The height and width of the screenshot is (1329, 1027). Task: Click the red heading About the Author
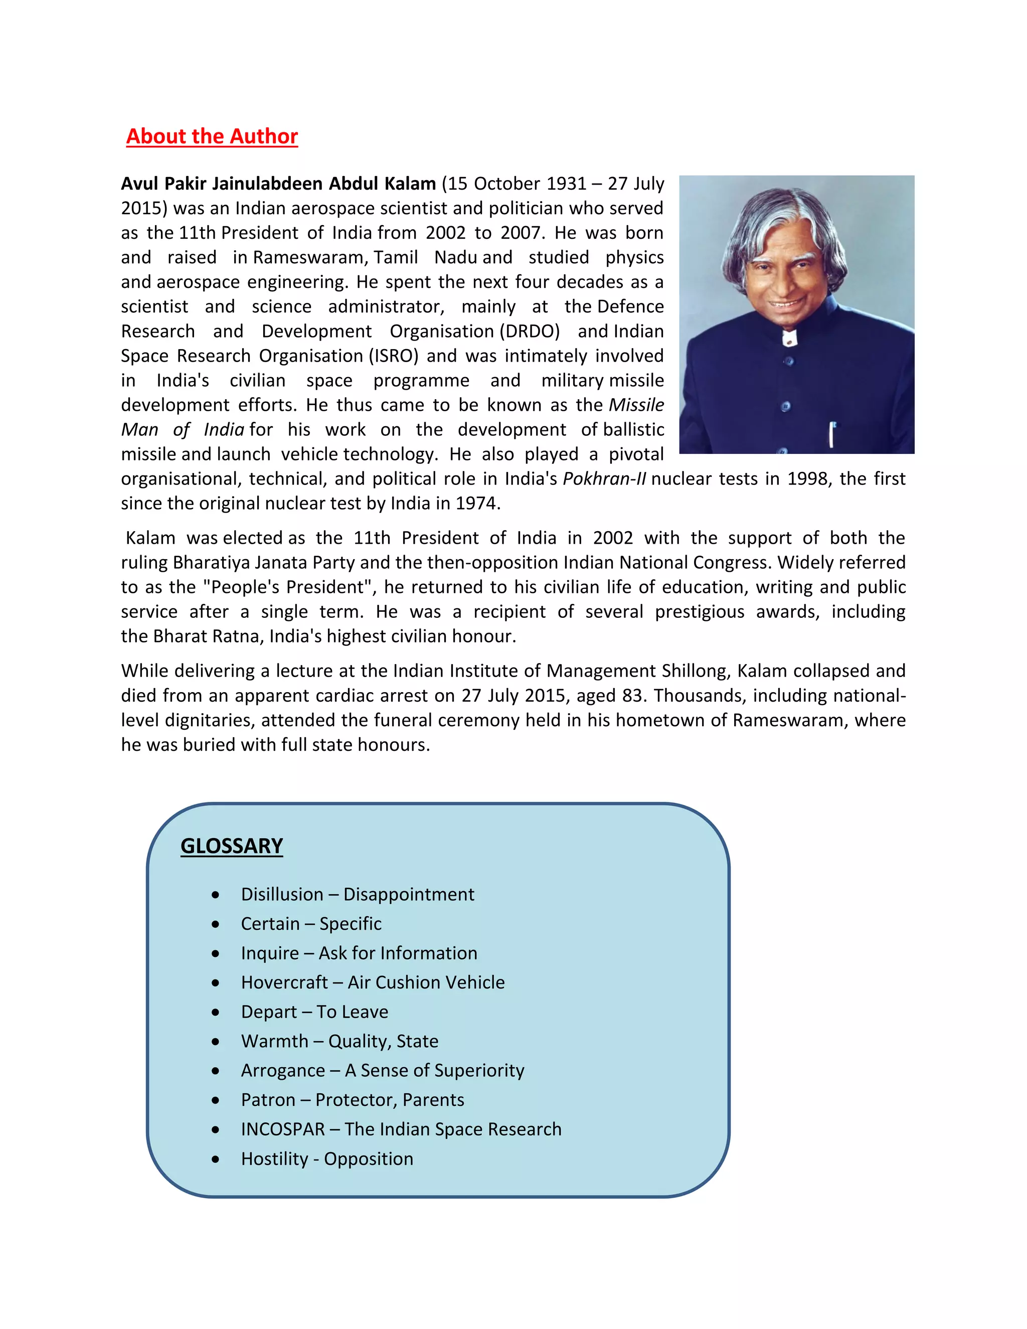(212, 136)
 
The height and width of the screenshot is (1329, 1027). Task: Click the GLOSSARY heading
(231, 846)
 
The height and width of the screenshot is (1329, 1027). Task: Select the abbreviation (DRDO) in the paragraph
(530, 331)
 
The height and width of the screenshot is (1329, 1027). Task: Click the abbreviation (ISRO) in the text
(394, 356)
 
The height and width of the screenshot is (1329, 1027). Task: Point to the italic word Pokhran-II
(604, 479)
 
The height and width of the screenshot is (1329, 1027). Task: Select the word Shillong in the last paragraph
(696, 671)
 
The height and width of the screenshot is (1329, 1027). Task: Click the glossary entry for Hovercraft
(373, 982)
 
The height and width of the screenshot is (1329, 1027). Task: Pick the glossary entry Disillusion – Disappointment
(357, 894)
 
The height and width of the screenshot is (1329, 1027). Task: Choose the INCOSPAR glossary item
(401, 1129)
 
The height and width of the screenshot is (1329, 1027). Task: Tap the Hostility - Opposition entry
(327, 1158)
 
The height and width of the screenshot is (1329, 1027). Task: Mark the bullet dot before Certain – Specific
(215, 924)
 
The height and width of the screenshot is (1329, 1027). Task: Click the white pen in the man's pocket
(832, 434)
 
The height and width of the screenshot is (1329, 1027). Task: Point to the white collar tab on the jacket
(789, 337)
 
